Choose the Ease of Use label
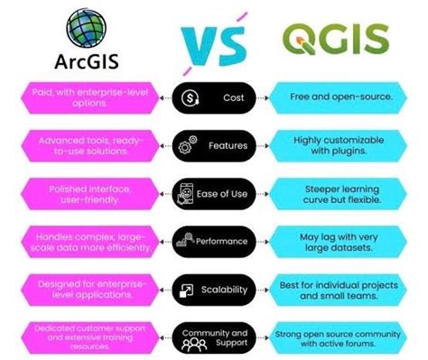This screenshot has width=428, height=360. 233,194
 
